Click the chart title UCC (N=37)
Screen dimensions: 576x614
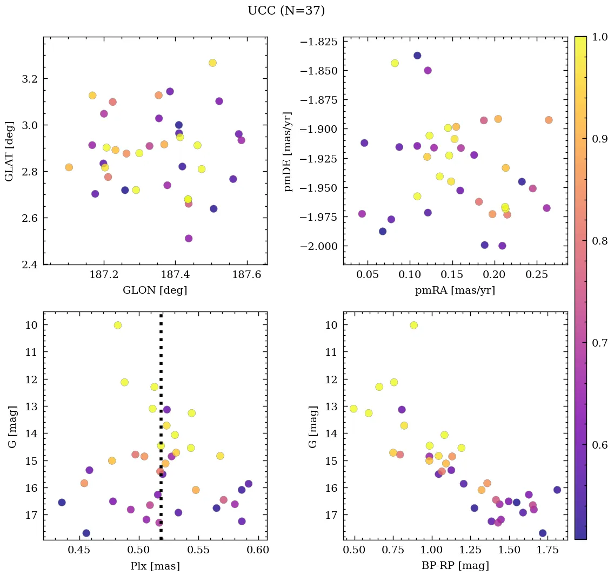(x=286, y=11)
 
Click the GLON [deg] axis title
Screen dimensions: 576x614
(x=155, y=290)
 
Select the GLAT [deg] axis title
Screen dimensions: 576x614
(x=9, y=151)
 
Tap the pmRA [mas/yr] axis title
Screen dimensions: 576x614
(x=455, y=290)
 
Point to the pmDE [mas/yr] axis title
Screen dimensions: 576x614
(x=288, y=151)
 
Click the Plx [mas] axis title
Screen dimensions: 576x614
(x=155, y=566)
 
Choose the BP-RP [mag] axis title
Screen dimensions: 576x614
(x=455, y=566)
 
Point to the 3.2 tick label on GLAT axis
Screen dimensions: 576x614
(x=30, y=79)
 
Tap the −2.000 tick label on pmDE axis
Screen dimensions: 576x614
(x=320, y=246)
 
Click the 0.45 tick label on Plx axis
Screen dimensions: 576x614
(x=80, y=551)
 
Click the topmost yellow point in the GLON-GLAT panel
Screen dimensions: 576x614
(x=212, y=63)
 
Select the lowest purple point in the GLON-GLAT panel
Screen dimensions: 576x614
(x=189, y=238)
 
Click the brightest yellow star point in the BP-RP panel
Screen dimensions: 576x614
(x=413, y=325)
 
